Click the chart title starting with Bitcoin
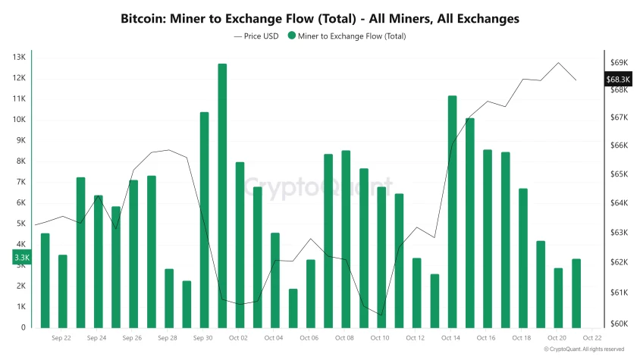[320, 18]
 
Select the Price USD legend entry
[258, 36]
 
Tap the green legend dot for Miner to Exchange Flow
[291, 36]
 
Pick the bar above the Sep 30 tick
[205, 220]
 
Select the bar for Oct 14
[452, 211]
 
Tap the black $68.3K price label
[617, 79]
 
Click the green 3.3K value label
[22, 258]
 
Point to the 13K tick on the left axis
[19, 58]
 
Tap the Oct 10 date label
[380, 338]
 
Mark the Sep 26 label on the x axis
[132, 338]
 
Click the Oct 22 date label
[592, 338]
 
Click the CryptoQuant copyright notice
[584, 349]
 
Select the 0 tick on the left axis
[23, 327]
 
